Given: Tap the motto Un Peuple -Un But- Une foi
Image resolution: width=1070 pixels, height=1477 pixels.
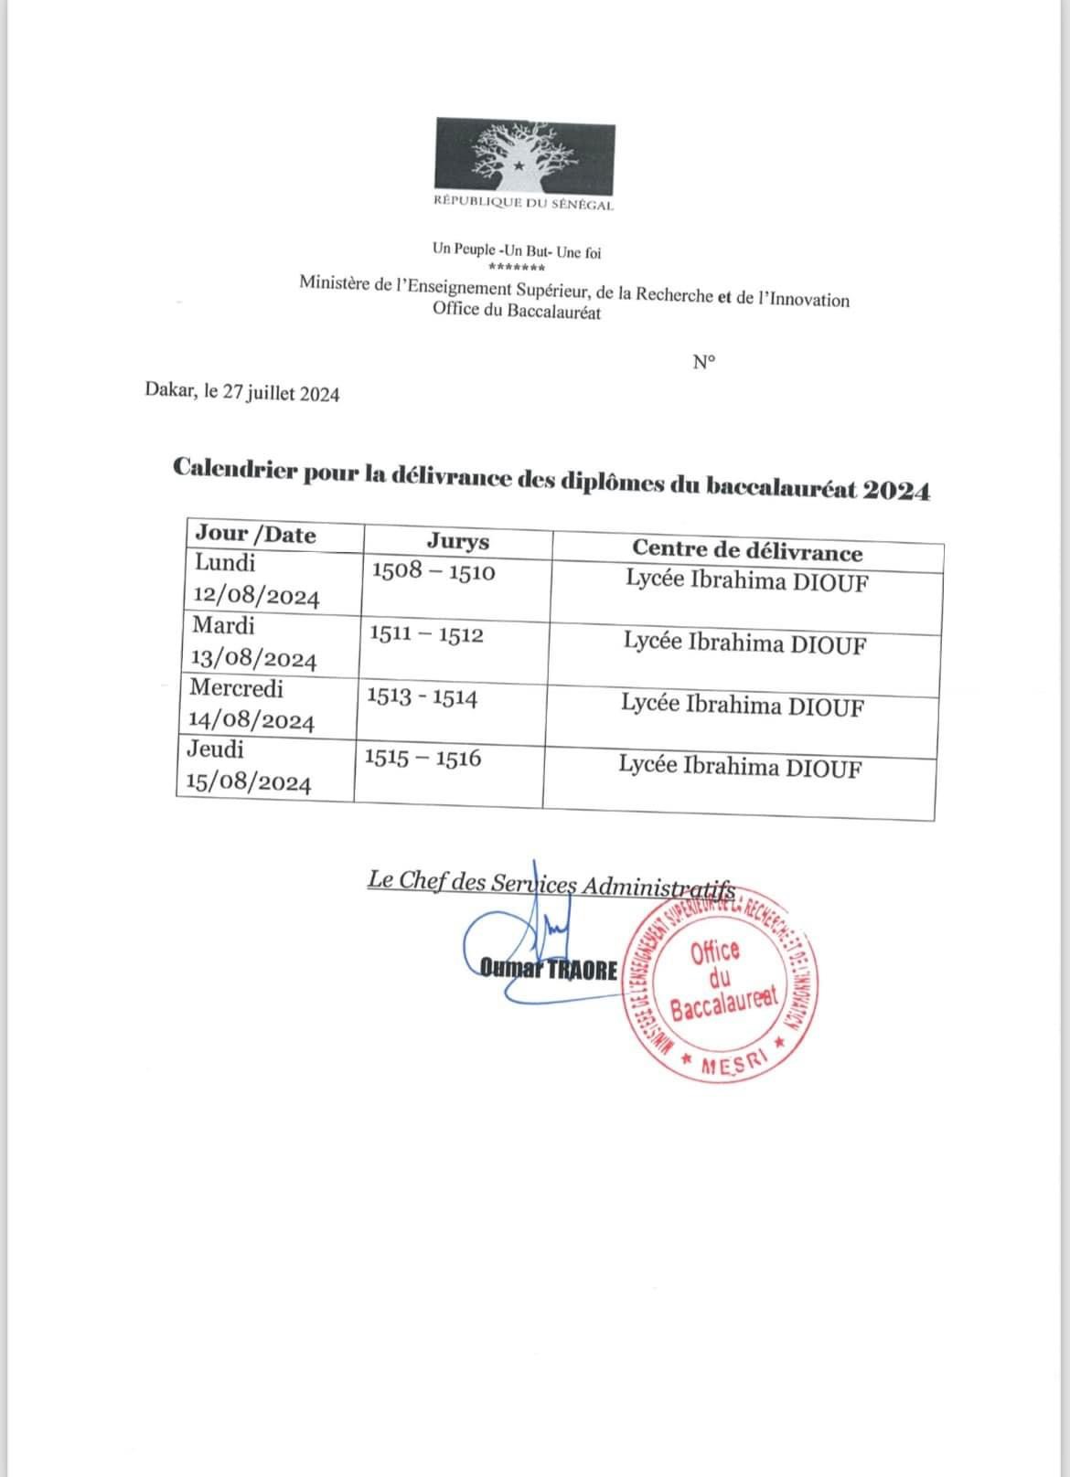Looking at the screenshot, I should point(517,251).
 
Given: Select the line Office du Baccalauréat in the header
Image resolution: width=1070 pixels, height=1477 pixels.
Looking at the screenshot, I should point(517,312).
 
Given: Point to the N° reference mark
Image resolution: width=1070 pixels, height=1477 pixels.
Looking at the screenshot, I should point(703,362).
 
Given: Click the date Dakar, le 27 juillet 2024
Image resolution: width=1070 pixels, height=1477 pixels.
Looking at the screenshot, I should point(242,394).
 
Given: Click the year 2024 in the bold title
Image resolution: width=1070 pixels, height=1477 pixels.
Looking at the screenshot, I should point(897,491).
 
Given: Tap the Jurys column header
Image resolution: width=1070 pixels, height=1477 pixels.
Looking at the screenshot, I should point(458,542).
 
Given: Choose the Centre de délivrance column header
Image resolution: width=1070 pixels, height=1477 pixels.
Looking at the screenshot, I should point(747,551).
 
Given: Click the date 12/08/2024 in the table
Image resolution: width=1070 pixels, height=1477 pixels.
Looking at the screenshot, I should point(257,598).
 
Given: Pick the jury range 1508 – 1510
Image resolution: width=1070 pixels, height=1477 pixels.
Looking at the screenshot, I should point(433,572).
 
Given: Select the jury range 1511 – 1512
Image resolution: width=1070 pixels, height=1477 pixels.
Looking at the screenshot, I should point(426,634).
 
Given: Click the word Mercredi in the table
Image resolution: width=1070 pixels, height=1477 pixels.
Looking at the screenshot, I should point(236,687).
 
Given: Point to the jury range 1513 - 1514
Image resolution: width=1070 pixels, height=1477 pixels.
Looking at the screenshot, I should point(422,697).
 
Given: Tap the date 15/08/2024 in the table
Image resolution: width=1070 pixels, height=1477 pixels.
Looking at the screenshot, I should point(248,782).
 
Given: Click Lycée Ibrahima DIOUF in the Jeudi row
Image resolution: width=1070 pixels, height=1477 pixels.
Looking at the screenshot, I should point(740,767).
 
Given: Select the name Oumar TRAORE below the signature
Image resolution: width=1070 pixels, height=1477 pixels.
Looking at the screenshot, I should point(550,971).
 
